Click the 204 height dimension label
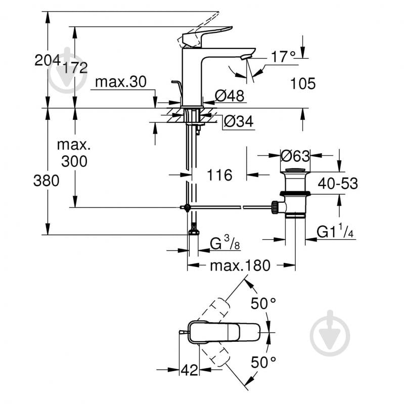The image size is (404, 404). [47, 60]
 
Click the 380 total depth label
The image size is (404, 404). [46, 181]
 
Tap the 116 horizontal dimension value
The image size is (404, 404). [219, 175]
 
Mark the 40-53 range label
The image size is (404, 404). [337, 184]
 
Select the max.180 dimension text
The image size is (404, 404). [241, 265]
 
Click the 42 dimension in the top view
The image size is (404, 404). [189, 370]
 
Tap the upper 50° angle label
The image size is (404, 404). [264, 303]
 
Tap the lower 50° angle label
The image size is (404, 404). [264, 362]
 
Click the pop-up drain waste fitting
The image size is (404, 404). [294, 192]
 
